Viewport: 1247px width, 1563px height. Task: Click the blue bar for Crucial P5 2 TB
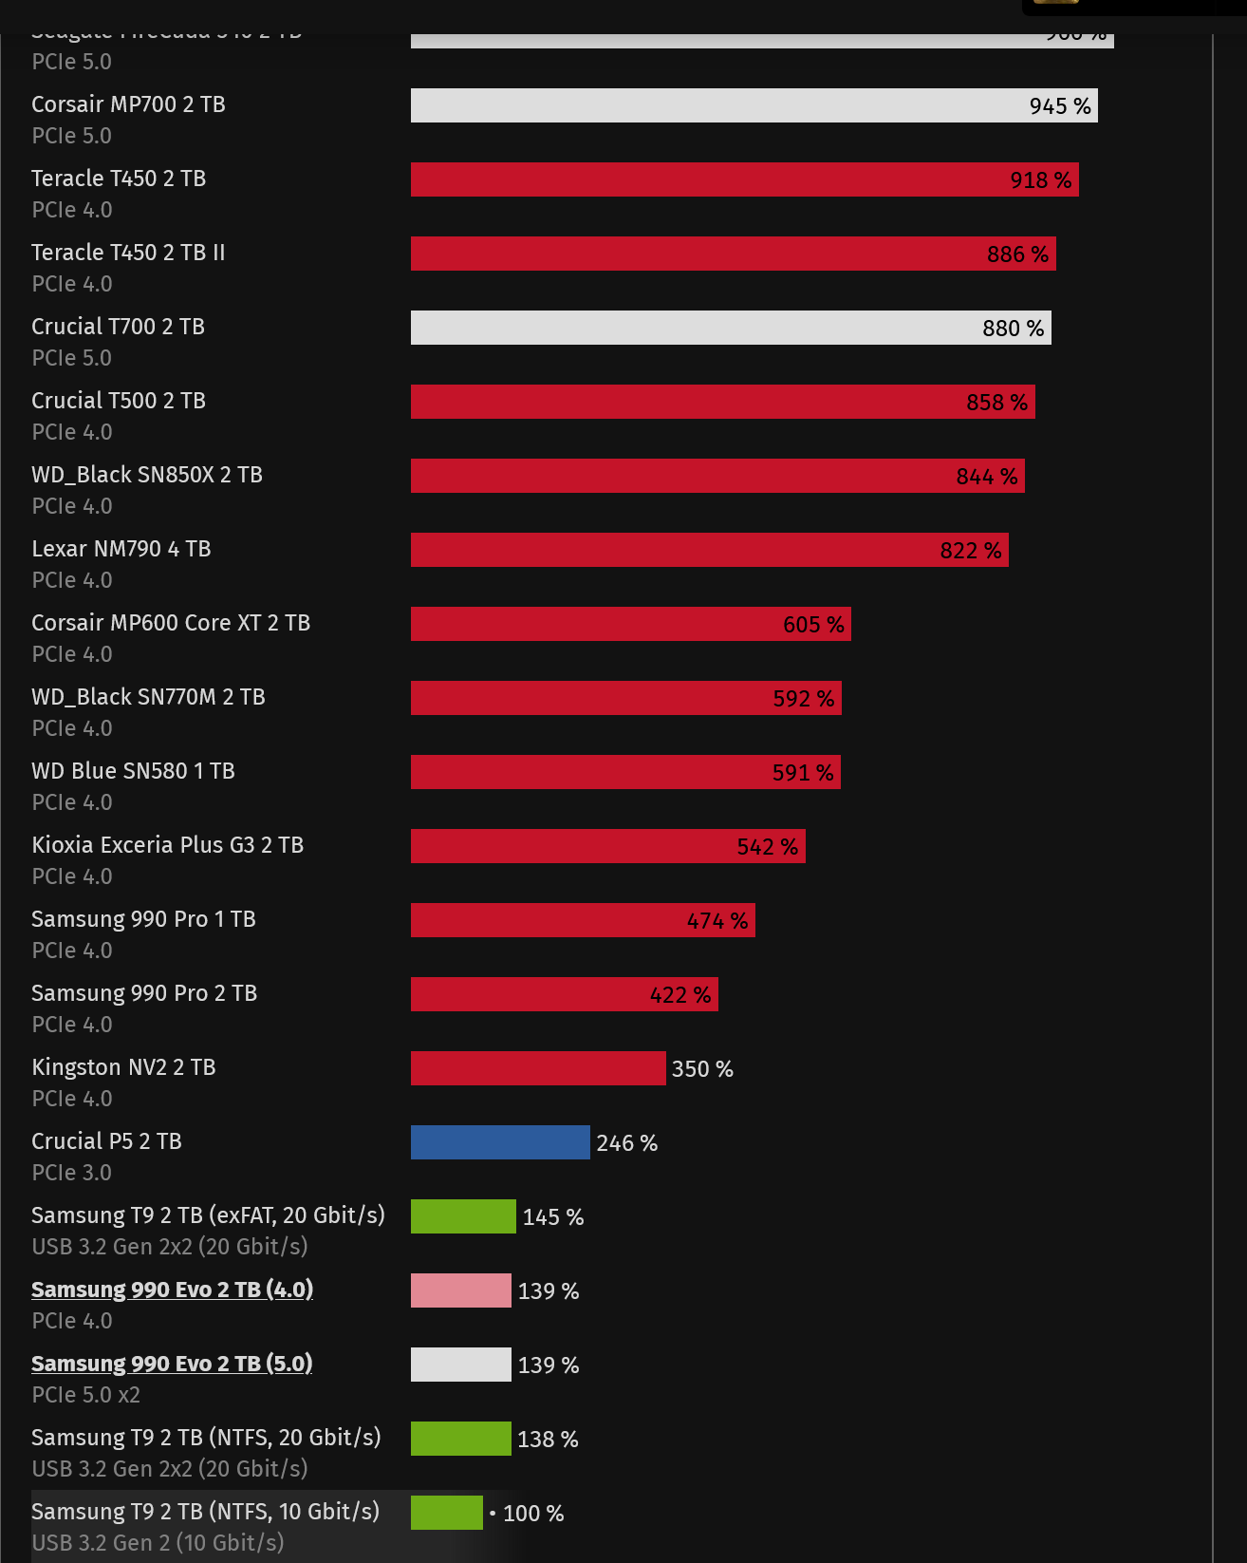coord(500,1142)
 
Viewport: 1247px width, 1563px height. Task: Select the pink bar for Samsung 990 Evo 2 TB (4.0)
coord(460,1290)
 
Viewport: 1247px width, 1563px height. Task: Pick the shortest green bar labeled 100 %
coord(446,1513)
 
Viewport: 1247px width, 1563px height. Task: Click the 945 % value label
coord(1060,106)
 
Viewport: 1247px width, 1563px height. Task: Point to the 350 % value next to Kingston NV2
coord(702,1069)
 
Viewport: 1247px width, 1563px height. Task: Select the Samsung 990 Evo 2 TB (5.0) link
coord(172,1364)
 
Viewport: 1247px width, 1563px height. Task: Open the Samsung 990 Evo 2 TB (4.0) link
coord(172,1290)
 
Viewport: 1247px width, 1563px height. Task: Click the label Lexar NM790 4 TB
coord(121,549)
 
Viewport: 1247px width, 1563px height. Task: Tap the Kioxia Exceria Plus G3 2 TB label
coord(167,845)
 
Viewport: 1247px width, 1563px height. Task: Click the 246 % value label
coord(626,1143)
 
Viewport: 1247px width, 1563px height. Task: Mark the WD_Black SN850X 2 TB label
coord(146,475)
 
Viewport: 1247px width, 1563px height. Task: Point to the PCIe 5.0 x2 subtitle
coord(85,1395)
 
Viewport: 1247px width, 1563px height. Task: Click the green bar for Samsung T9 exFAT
coord(463,1216)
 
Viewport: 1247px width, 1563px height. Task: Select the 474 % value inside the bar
coord(717,921)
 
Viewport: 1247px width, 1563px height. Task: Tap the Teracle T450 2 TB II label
coord(128,253)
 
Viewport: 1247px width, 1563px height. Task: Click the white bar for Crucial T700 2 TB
coord(693,328)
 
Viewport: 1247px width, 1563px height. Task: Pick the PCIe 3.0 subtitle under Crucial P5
coord(71,1173)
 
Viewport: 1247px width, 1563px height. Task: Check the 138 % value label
coord(548,1440)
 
